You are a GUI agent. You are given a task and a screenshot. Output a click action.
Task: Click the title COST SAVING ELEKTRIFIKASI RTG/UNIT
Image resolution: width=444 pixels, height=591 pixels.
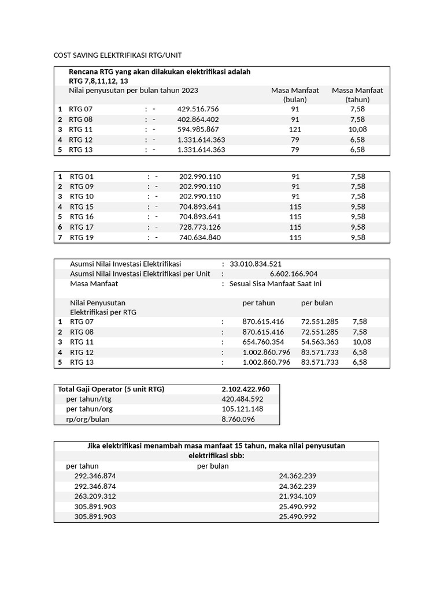click(117, 55)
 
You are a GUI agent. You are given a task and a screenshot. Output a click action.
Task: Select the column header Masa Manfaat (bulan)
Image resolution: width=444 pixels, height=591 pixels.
click(295, 95)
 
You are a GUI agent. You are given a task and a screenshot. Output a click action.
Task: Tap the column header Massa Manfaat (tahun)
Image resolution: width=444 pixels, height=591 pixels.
click(357, 95)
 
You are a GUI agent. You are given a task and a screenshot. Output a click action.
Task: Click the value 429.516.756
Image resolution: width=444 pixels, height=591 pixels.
click(198, 109)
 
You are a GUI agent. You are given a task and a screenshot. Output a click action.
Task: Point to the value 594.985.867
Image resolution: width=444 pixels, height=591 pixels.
click(198, 129)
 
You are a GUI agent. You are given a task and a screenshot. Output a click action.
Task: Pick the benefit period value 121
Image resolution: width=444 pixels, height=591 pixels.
click(295, 129)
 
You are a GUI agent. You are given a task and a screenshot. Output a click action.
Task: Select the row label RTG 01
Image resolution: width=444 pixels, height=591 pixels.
click(82, 177)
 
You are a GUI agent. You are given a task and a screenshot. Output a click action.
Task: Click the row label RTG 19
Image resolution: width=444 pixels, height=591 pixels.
click(82, 237)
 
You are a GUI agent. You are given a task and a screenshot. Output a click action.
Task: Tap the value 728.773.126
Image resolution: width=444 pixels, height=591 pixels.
click(200, 227)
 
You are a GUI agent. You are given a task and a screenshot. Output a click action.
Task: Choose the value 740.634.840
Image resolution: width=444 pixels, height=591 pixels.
click(200, 237)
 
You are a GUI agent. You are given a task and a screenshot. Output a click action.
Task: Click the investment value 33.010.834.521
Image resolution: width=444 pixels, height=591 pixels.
click(256, 264)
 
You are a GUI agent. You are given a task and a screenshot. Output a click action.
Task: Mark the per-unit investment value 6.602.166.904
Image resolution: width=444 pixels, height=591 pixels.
click(293, 274)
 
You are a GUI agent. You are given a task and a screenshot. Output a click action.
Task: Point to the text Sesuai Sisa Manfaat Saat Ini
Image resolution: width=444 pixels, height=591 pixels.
click(275, 284)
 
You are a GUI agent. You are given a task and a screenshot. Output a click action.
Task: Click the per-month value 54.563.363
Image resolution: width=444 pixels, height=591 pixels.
click(320, 342)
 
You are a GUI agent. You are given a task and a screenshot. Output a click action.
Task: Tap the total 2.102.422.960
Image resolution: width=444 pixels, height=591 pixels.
click(245, 389)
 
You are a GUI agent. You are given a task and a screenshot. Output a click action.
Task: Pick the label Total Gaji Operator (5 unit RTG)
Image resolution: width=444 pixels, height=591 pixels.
click(111, 389)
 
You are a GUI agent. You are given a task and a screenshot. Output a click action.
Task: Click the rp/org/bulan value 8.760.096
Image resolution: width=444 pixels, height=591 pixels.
click(238, 420)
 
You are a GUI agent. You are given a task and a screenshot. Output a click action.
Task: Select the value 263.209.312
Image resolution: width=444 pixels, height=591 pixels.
click(95, 496)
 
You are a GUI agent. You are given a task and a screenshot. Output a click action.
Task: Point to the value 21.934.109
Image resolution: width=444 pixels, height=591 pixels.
click(297, 496)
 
